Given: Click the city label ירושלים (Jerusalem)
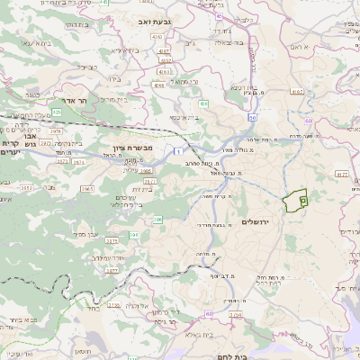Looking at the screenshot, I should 260,222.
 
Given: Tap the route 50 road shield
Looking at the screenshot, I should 254,117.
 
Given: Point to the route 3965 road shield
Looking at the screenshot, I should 87,188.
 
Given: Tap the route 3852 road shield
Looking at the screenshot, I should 27,187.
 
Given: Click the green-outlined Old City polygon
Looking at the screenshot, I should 294,202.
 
